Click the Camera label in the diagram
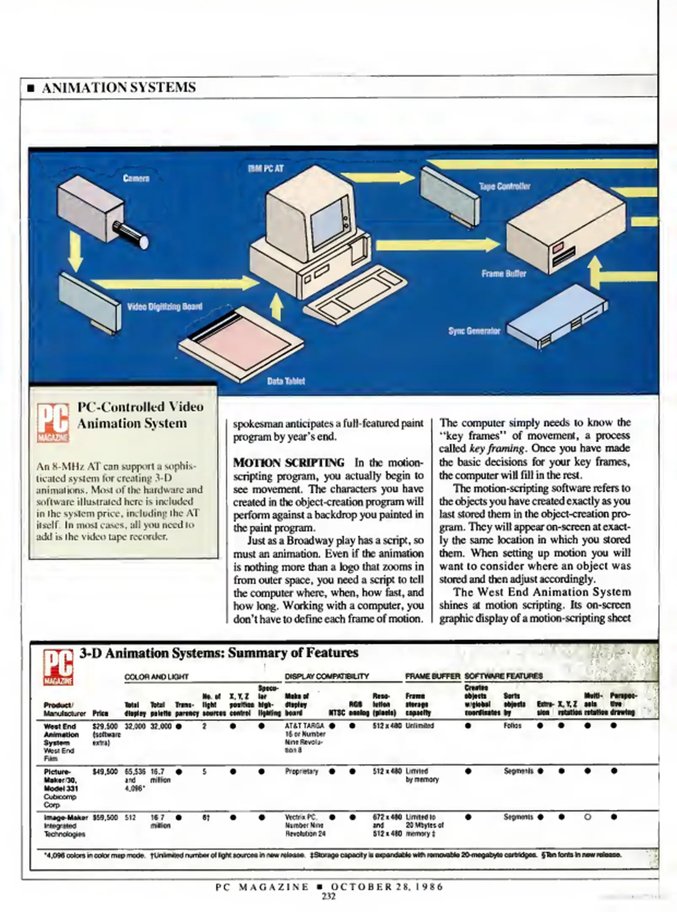(136, 178)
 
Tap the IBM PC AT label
(266, 168)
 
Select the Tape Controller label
(504, 186)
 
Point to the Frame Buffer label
(504, 274)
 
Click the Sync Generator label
(474, 331)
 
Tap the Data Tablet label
(286, 381)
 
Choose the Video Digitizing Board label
(165, 307)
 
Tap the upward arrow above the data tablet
(276, 307)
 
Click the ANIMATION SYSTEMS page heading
(119, 87)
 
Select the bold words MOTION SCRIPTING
(289, 463)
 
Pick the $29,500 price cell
(105, 727)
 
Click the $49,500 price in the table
(105, 772)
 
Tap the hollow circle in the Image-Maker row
(587, 817)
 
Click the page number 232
(329, 896)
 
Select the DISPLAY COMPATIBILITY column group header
(326, 676)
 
